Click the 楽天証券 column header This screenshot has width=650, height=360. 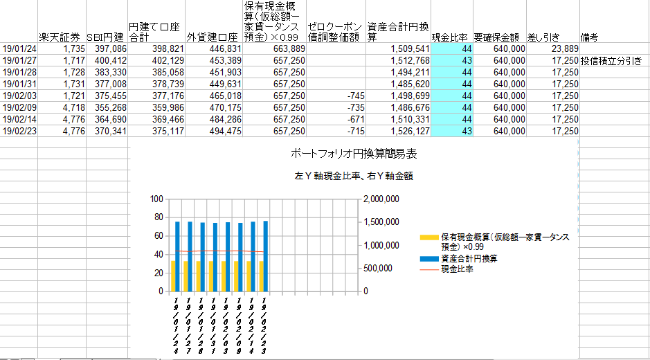tap(59, 37)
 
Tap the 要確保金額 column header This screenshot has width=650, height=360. tap(497, 37)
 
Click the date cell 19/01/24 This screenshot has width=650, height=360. tap(19, 48)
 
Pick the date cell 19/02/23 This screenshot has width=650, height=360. tap(19, 131)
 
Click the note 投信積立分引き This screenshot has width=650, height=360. tap(611, 60)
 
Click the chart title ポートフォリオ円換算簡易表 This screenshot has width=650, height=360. tap(354, 154)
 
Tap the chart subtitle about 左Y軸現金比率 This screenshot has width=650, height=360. tap(354, 177)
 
